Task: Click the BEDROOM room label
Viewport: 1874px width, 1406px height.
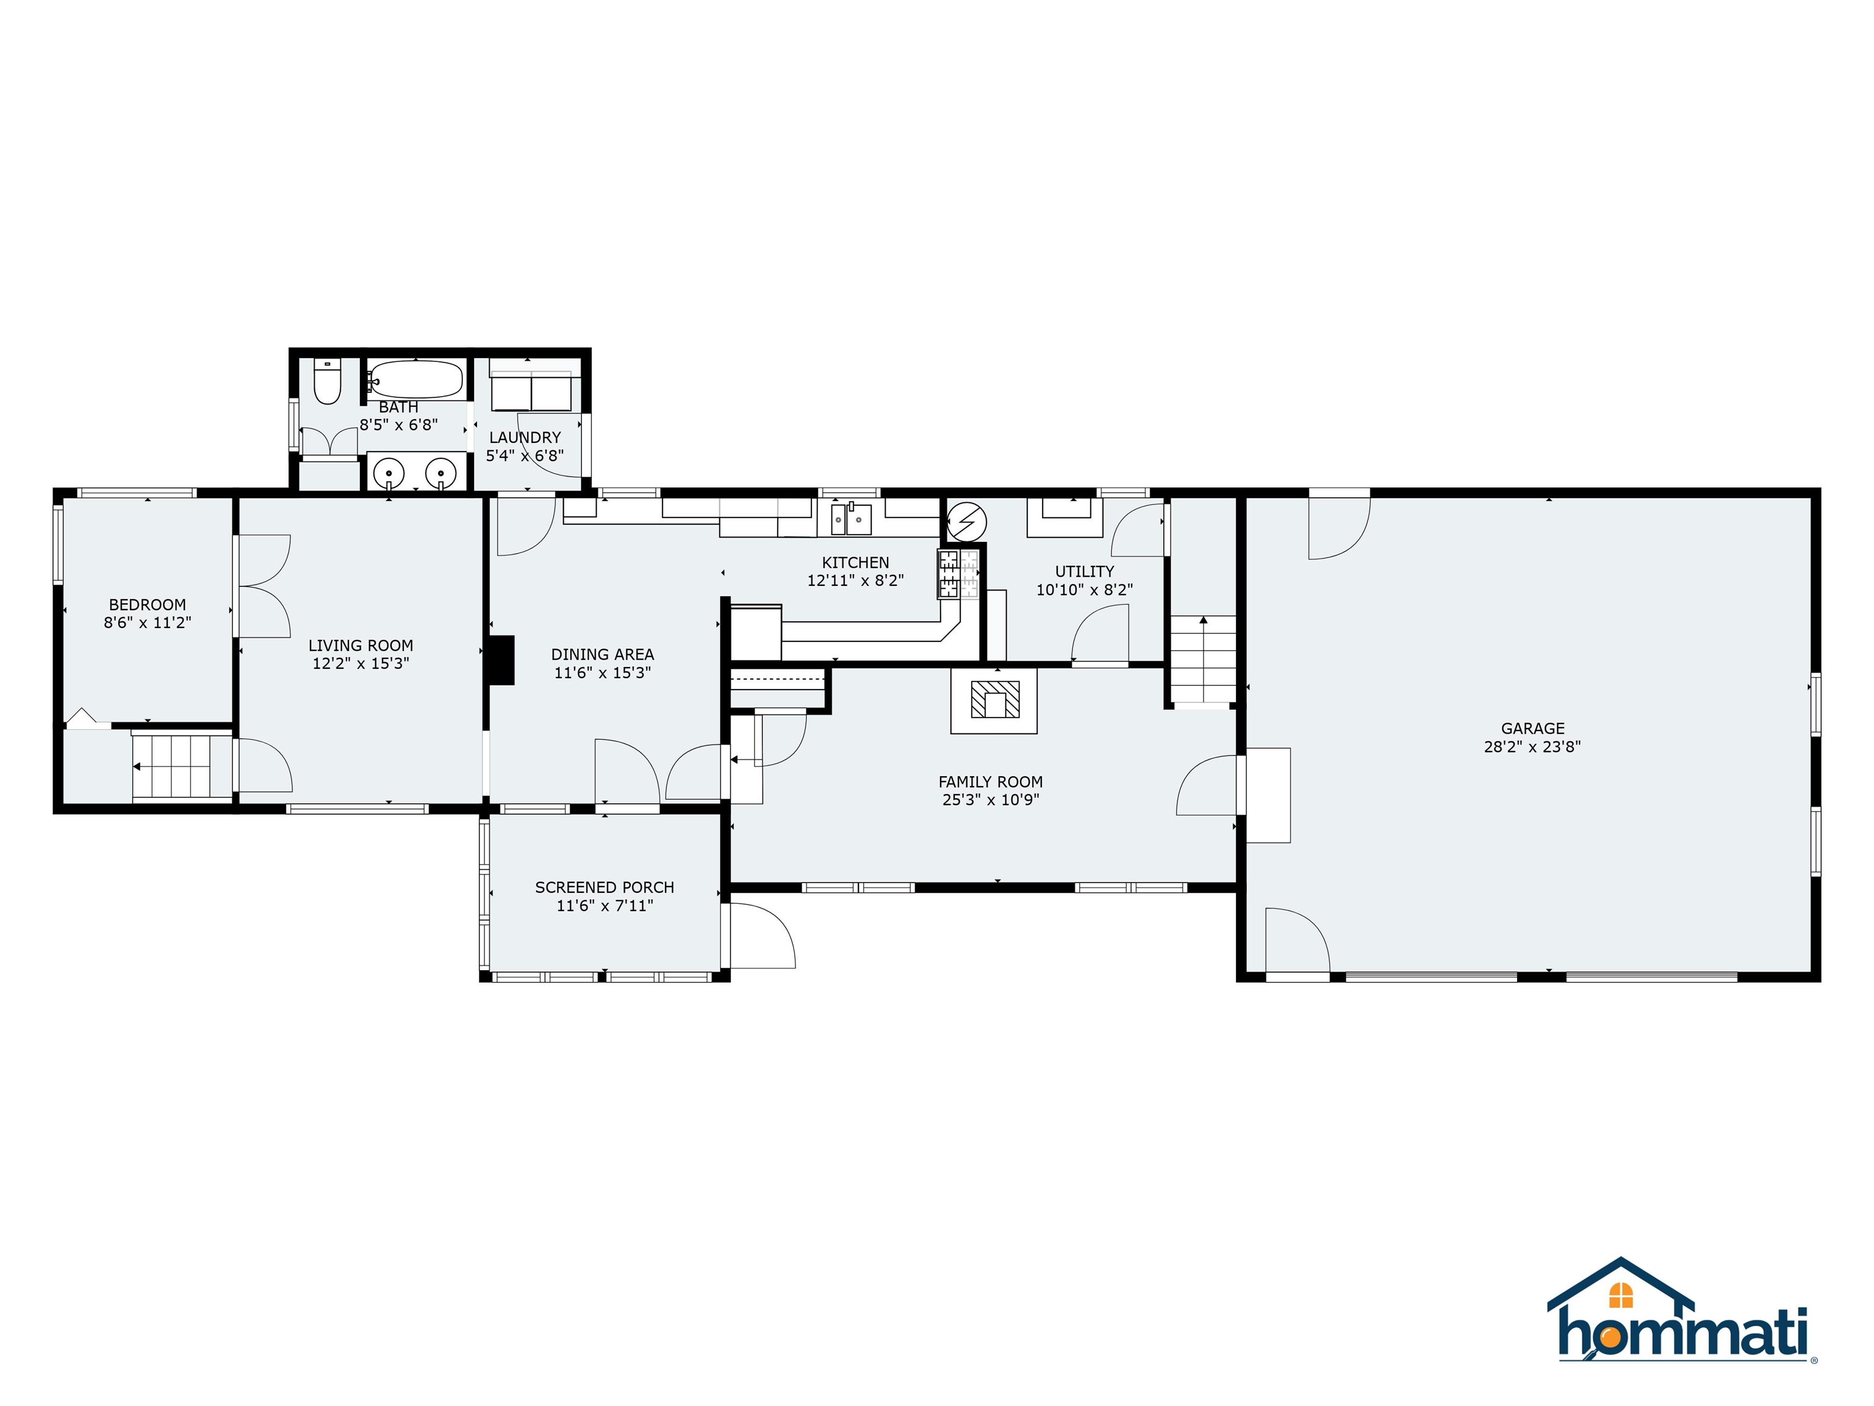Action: [148, 604]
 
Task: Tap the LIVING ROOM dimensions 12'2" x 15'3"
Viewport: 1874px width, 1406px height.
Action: [361, 663]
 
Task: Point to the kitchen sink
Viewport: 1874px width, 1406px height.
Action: [850, 518]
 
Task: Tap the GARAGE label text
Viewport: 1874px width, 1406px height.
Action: [1532, 728]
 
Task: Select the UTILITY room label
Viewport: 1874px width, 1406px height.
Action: [1085, 571]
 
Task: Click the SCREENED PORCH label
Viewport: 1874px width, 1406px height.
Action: [605, 887]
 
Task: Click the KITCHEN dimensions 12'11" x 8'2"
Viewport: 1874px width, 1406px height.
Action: [856, 580]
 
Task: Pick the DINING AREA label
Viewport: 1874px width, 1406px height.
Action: [602, 654]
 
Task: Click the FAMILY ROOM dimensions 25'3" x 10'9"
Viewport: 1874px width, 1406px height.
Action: [990, 799]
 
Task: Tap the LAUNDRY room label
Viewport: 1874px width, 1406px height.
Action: [525, 438]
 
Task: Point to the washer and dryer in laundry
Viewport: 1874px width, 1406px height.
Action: [531, 392]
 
